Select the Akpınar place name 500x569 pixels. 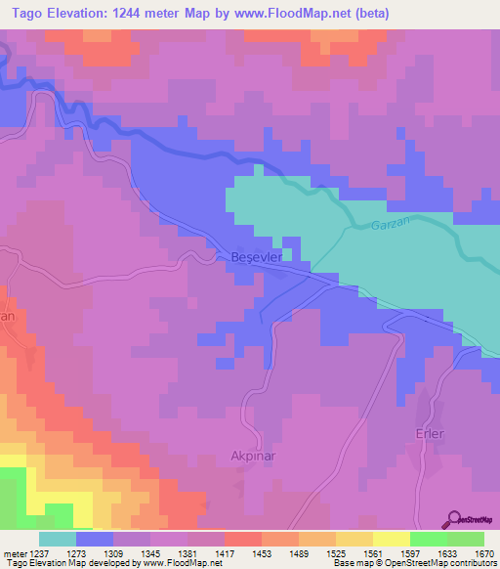tap(255, 456)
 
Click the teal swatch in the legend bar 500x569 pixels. tap(58, 539)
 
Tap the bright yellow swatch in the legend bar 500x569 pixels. tap(391, 539)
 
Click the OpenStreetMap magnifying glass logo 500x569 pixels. tap(453, 519)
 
